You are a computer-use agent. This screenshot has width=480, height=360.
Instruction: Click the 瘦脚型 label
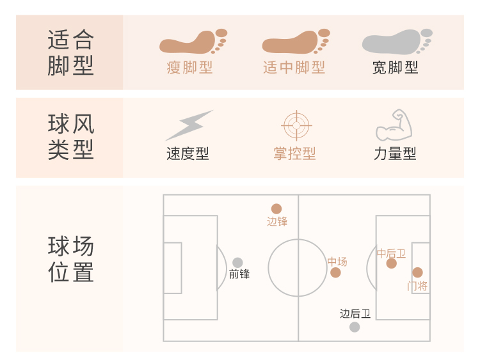click(189, 67)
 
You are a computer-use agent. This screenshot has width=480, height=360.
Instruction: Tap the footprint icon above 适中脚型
click(295, 42)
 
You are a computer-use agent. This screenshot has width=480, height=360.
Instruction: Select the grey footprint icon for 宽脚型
click(396, 42)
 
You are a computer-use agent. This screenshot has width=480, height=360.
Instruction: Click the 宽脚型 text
click(396, 67)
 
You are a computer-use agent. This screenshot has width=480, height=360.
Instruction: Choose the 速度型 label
click(188, 153)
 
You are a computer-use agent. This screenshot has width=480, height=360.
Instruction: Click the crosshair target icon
click(296, 125)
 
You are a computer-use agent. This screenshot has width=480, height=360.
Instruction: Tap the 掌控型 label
click(295, 153)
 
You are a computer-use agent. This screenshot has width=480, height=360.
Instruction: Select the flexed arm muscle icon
click(394, 125)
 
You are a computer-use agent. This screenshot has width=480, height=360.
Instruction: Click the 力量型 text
click(395, 153)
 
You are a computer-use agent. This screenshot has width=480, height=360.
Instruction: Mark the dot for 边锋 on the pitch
click(276, 208)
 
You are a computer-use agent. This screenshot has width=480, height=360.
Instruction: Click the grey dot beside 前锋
click(237, 262)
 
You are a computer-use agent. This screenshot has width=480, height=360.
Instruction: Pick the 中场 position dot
click(336, 273)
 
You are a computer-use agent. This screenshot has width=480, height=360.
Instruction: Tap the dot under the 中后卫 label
click(392, 263)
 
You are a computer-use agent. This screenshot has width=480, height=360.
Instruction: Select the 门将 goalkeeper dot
click(417, 272)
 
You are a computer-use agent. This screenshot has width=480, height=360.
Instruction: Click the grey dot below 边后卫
click(355, 327)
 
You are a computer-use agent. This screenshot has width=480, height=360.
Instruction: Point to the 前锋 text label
click(239, 274)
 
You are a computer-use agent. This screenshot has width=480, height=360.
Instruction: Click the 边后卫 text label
click(355, 313)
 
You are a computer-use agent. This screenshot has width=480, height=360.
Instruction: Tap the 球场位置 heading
click(70, 260)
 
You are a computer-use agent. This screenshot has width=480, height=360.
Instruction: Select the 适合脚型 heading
click(70, 53)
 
